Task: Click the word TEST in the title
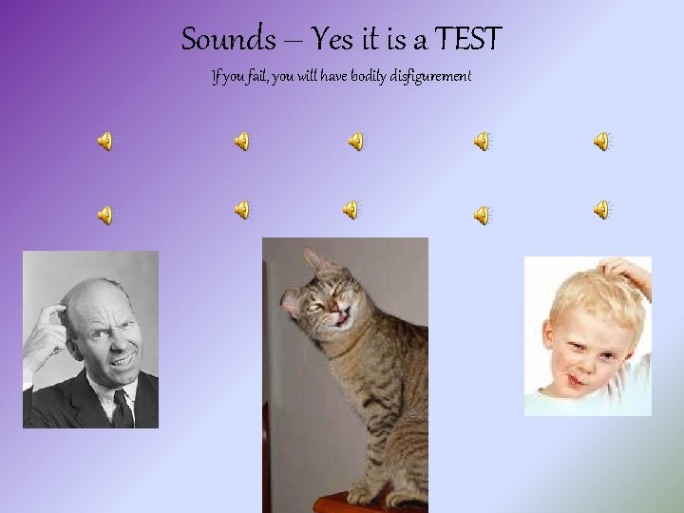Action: click(467, 40)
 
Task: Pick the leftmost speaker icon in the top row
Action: click(105, 142)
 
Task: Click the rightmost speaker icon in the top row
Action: click(602, 142)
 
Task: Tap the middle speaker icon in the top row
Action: click(355, 142)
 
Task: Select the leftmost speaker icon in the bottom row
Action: click(105, 216)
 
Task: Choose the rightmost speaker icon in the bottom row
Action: click(602, 209)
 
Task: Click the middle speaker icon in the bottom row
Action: click(351, 209)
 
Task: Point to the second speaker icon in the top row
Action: click(243, 142)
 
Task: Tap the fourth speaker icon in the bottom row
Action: click(483, 216)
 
